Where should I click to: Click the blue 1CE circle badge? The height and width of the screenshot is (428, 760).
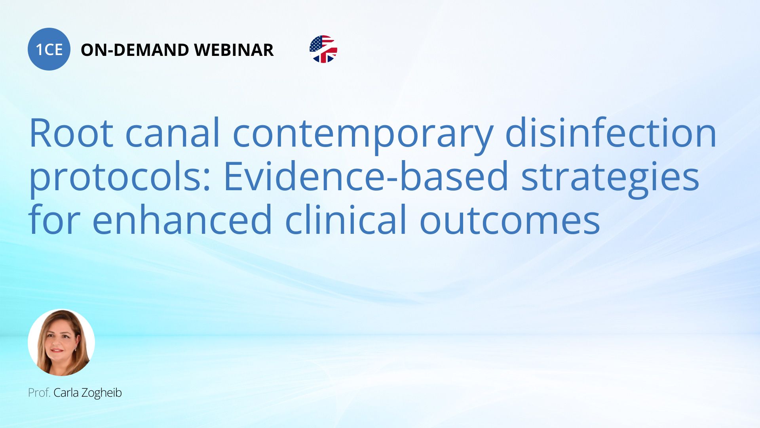[49, 49]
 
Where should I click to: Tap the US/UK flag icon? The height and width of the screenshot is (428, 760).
[323, 49]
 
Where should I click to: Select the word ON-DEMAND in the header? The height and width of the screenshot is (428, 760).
[135, 50]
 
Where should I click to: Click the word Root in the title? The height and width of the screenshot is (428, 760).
[71, 133]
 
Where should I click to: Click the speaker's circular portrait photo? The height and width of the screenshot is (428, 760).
[61, 342]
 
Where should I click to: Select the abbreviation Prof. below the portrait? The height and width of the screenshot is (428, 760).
[39, 393]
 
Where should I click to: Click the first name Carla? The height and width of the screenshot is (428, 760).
[66, 393]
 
